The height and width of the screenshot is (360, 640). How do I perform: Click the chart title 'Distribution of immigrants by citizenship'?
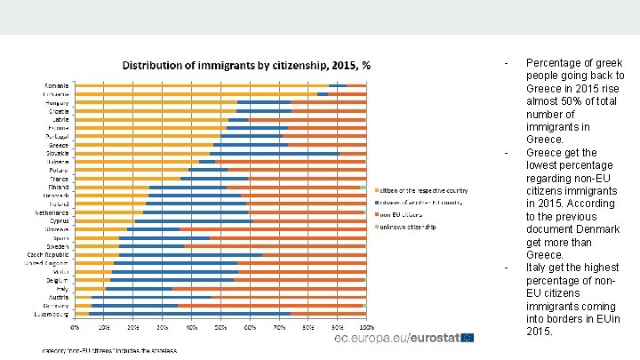tap(246, 66)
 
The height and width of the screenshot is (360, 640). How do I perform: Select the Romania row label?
tap(58, 85)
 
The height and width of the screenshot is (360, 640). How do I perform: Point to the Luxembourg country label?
tap(53, 314)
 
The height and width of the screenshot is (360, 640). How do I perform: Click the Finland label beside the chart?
tap(60, 187)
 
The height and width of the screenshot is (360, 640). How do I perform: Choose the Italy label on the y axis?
tap(62, 288)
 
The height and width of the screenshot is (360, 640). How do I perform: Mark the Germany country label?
tap(57, 305)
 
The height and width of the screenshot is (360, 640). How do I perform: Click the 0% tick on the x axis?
tap(76, 327)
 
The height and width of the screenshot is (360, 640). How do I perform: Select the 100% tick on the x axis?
tap(365, 327)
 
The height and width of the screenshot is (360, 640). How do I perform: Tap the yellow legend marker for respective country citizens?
tap(377, 190)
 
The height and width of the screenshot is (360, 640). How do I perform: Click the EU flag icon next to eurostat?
tap(468, 338)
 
